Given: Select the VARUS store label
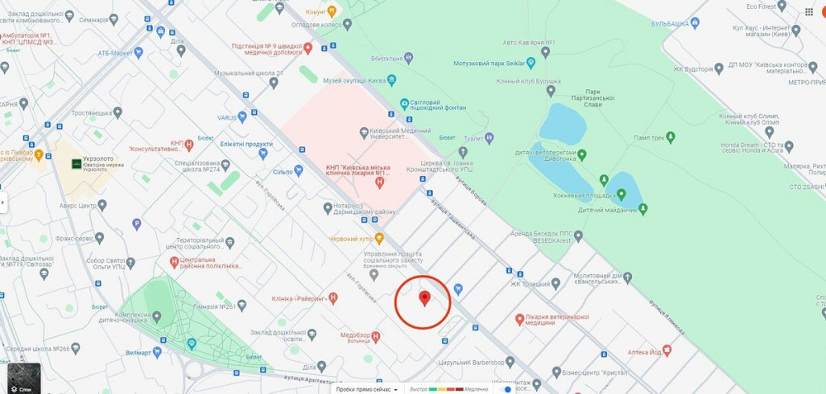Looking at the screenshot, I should click(x=227, y=118).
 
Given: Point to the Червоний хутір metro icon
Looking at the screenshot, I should click(x=380, y=238).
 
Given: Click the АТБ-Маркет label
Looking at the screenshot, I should click(x=116, y=53).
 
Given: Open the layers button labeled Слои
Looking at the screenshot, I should click(x=24, y=377).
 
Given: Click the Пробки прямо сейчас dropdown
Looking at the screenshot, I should click(x=367, y=388).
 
